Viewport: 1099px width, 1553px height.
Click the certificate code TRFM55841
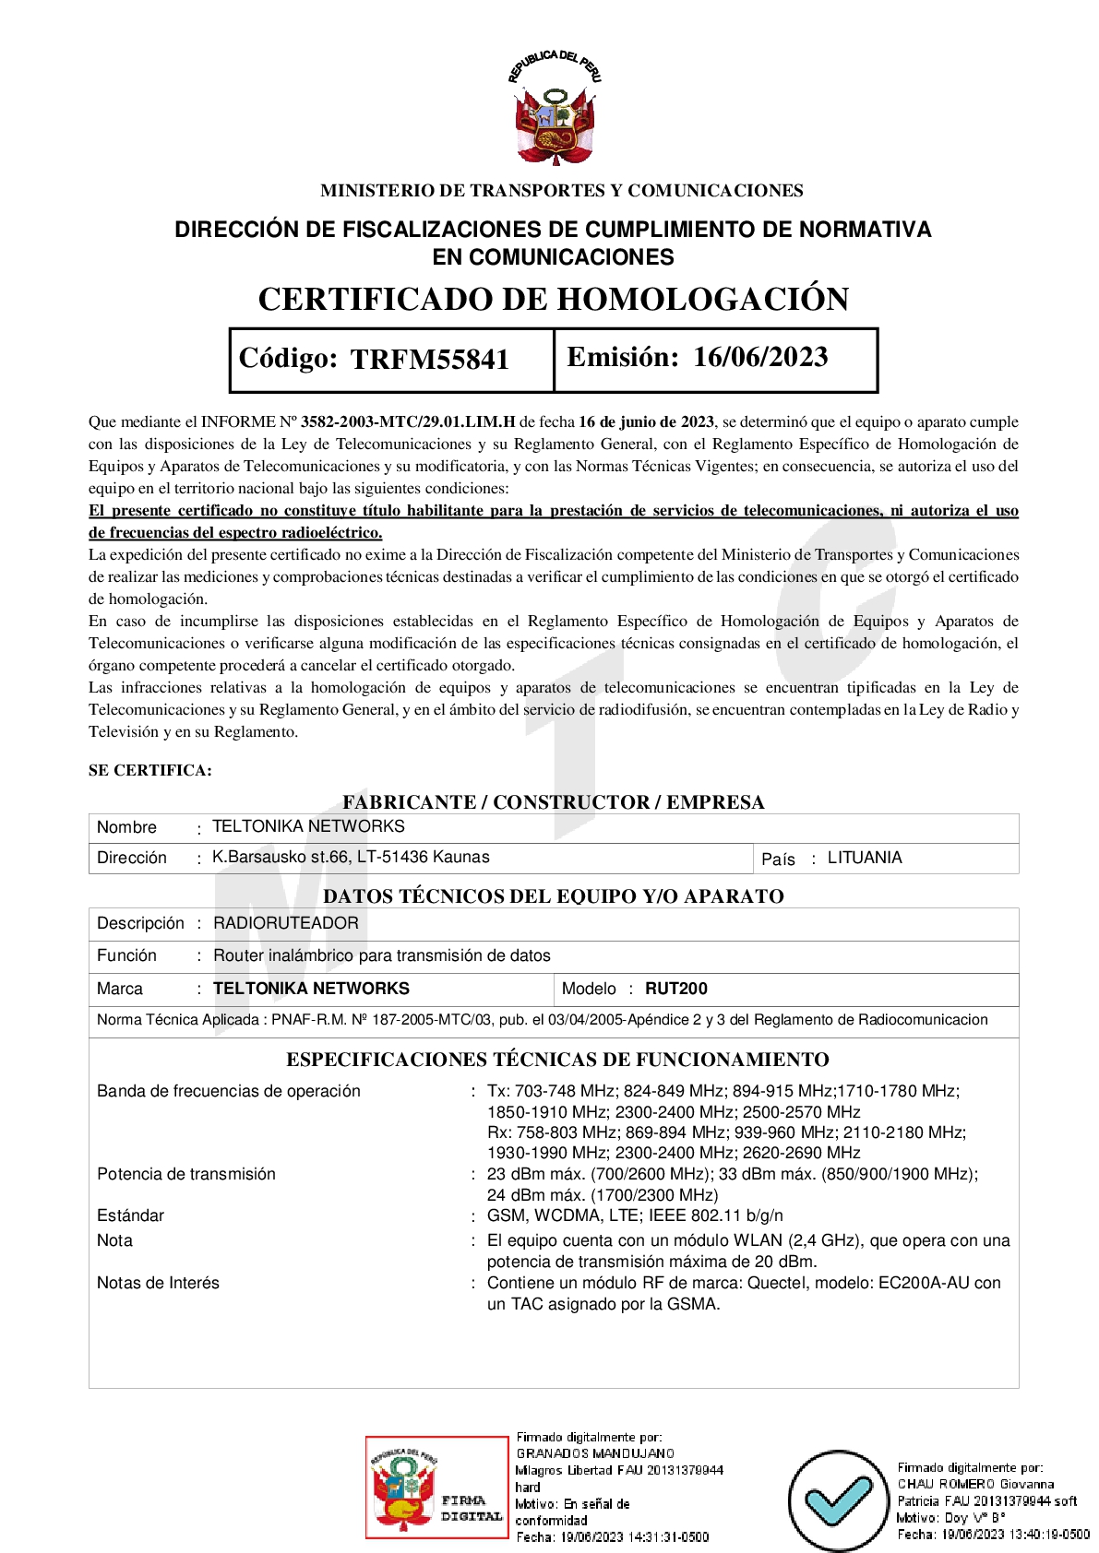tap(430, 359)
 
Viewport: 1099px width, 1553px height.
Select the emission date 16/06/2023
tap(760, 357)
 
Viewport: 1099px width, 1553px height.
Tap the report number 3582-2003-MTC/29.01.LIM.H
tap(408, 421)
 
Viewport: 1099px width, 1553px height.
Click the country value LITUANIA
tap(864, 858)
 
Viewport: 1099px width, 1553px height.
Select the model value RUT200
tap(675, 989)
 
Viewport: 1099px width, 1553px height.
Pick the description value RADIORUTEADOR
tap(286, 923)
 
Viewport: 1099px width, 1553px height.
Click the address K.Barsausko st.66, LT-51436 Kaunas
tap(351, 857)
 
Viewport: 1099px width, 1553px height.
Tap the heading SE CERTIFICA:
tap(150, 770)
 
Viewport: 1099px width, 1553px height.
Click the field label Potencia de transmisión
tap(186, 1174)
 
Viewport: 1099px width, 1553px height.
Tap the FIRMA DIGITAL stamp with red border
tap(436, 1486)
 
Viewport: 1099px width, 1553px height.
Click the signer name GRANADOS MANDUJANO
tap(595, 1453)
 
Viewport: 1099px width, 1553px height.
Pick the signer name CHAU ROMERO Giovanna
tap(975, 1484)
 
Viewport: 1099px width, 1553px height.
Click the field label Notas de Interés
tap(158, 1283)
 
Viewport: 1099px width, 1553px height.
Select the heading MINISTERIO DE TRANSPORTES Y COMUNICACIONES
tap(561, 191)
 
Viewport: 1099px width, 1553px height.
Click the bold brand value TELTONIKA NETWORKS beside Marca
tap(311, 989)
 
